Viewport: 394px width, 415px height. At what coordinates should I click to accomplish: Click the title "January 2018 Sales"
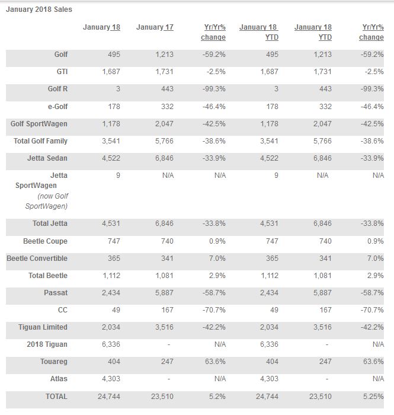pyautogui.click(x=39, y=9)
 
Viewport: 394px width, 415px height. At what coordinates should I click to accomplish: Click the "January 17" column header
pyautogui.click(x=155, y=27)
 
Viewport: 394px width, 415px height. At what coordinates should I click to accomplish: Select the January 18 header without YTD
pyautogui.click(x=101, y=27)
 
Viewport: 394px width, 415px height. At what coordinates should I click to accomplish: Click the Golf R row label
pyautogui.click(x=57, y=89)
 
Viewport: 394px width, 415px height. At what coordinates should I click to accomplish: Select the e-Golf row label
pyautogui.click(x=57, y=106)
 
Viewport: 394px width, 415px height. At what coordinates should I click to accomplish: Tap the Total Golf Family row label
pyautogui.click(x=40, y=141)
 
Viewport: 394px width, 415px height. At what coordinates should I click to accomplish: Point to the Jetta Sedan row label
pyautogui.click(x=47, y=158)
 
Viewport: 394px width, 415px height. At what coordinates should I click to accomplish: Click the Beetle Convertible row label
pyautogui.click(x=37, y=258)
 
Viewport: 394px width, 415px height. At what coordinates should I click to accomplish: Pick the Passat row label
pyautogui.click(x=56, y=292)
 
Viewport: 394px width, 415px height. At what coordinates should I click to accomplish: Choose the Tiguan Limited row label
pyautogui.click(x=43, y=327)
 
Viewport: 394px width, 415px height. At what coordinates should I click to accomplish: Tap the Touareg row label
pyautogui.click(x=54, y=362)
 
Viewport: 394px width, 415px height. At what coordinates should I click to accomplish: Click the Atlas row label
pyautogui.click(x=59, y=378)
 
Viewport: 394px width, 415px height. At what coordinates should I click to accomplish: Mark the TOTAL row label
pyautogui.click(x=56, y=396)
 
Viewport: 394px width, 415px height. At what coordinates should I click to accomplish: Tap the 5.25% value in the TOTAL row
pyautogui.click(x=373, y=396)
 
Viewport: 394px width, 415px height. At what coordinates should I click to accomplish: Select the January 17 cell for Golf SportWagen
pyautogui.click(x=164, y=123)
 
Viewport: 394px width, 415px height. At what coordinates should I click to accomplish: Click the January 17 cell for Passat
pyautogui.click(x=164, y=292)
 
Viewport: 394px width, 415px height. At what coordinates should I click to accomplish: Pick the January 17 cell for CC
pyautogui.click(x=168, y=309)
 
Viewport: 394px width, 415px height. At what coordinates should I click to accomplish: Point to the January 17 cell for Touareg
pyautogui.click(x=168, y=361)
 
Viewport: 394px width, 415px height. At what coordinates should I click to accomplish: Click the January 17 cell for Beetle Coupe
pyautogui.click(x=168, y=241)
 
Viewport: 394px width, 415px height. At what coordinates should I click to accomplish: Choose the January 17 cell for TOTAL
pyautogui.click(x=162, y=396)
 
